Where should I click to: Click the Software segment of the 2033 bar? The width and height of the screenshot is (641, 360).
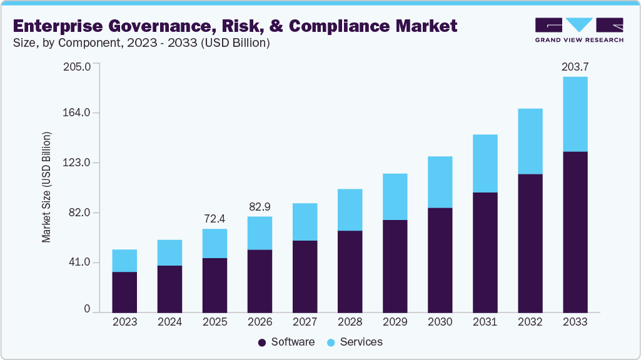pos(575,231)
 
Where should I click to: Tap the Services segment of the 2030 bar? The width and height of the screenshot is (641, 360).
pos(440,182)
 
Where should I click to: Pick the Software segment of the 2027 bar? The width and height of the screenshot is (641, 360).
pos(305,276)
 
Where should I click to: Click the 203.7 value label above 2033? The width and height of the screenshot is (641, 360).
pos(575,66)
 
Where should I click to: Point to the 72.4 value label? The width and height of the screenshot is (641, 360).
pos(215,219)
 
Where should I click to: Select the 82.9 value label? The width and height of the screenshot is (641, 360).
pos(260,206)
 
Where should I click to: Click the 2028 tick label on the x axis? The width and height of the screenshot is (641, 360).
pos(350,322)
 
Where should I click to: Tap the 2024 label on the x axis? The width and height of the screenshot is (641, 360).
pos(169,322)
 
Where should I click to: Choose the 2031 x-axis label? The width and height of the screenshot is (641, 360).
pos(485,322)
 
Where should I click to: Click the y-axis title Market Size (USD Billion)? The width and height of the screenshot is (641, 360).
pos(46,187)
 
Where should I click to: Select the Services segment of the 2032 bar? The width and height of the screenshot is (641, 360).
pos(530,141)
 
